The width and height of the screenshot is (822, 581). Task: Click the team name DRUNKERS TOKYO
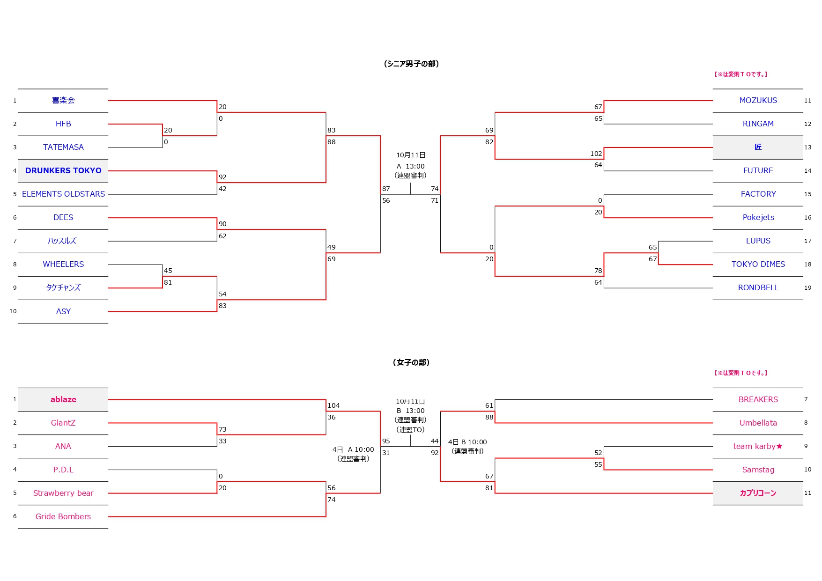pyautogui.click(x=63, y=170)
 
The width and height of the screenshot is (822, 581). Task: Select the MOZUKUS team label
pyautogui.click(x=758, y=100)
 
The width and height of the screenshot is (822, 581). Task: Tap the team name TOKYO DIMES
pyautogui.click(x=758, y=264)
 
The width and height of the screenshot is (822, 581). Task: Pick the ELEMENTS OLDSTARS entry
pyautogui.click(x=63, y=194)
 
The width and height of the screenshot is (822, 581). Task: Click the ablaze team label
pyautogui.click(x=63, y=399)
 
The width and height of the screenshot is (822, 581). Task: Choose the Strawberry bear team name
pyautogui.click(x=63, y=493)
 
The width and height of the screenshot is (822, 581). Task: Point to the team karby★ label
pyautogui.click(x=757, y=446)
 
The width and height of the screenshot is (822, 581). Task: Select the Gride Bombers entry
pyautogui.click(x=63, y=516)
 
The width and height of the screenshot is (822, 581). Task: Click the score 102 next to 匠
pyautogui.click(x=596, y=154)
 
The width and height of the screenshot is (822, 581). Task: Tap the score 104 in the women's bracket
pyautogui.click(x=333, y=405)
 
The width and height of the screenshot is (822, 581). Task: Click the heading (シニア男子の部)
pyautogui.click(x=411, y=64)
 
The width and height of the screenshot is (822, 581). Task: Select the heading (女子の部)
pyautogui.click(x=411, y=362)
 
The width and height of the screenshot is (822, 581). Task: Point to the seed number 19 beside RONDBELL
pyautogui.click(x=807, y=287)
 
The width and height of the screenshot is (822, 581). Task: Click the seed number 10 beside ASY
pyautogui.click(x=13, y=311)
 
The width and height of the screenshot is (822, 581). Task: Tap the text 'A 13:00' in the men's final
pyautogui.click(x=410, y=166)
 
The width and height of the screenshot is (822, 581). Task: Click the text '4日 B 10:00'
pyautogui.click(x=467, y=442)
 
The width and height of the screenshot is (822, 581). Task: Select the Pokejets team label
pyautogui.click(x=758, y=217)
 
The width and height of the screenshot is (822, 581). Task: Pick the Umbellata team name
pyautogui.click(x=758, y=423)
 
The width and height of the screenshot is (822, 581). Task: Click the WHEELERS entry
pyautogui.click(x=63, y=264)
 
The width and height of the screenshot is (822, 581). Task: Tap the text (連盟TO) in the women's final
pyautogui.click(x=410, y=429)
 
